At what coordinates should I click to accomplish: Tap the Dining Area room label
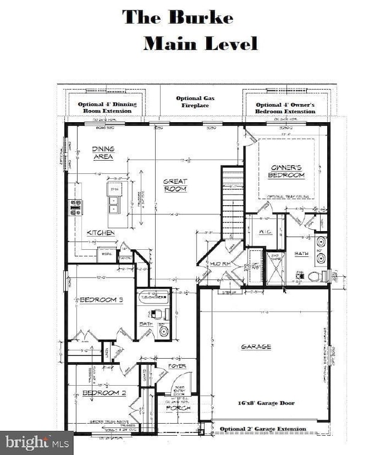[x=103, y=153]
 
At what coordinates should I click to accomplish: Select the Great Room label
[x=176, y=185]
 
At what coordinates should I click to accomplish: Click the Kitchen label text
[x=100, y=232]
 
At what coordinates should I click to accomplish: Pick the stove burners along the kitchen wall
[x=75, y=208]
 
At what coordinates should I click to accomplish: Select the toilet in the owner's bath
[x=315, y=277]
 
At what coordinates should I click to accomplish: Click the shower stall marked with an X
[x=275, y=268]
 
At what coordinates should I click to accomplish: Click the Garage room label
[x=256, y=347]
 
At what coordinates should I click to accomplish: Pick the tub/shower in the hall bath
[x=153, y=297]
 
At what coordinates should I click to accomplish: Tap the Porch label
[x=177, y=408]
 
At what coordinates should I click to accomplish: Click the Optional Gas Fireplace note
[x=195, y=102]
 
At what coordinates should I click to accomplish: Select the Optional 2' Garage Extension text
[x=262, y=429]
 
